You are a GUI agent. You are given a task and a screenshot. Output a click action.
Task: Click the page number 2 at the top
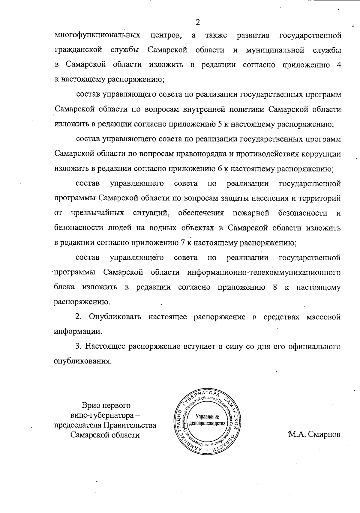point(197,22)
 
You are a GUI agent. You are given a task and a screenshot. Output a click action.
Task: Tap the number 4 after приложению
point(338,65)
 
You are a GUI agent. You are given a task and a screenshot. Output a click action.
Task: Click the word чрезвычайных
point(98,213)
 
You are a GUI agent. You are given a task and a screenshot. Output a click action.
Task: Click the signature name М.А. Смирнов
point(314,434)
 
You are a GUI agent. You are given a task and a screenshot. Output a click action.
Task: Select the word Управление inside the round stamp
point(208,417)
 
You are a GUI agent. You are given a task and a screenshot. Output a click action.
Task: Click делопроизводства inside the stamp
point(208,424)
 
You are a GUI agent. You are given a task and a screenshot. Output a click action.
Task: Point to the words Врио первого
point(106,406)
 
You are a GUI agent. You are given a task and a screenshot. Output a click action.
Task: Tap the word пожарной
point(251,213)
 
